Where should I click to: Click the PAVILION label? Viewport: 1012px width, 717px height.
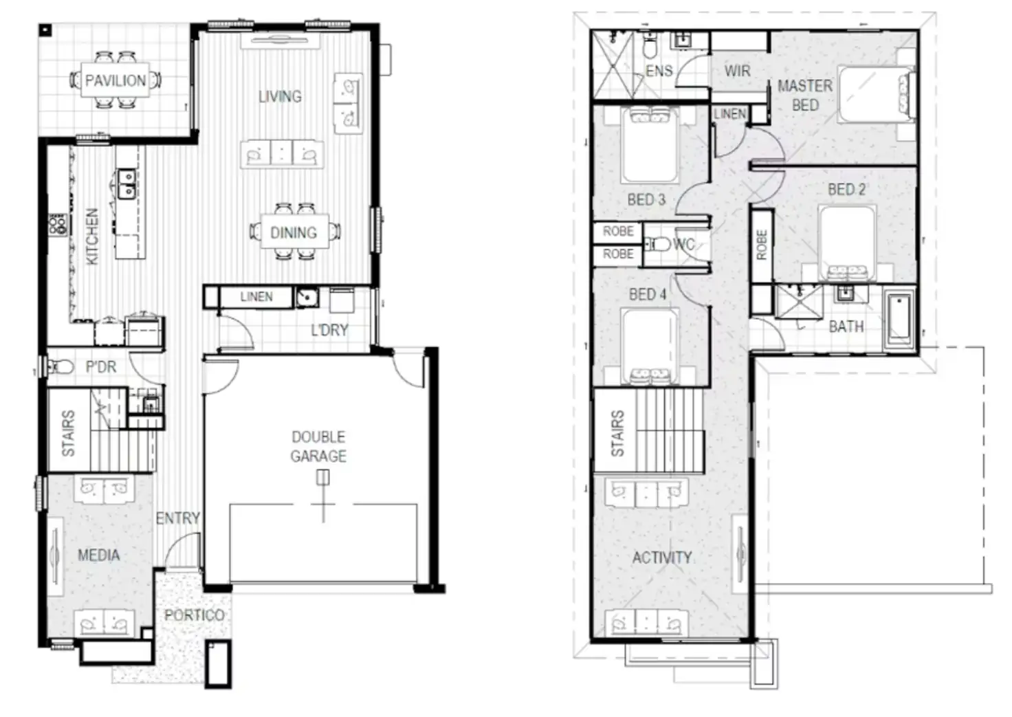pyautogui.click(x=115, y=80)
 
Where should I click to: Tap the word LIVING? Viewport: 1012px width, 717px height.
pyautogui.click(x=280, y=96)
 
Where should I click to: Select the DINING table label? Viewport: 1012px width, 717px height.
pyautogui.click(x=294, y=232)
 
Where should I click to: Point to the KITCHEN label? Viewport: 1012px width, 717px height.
pyautogui.click(x=92, y=236)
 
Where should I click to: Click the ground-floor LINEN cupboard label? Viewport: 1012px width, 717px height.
pyautogui.click(x=256, y=297)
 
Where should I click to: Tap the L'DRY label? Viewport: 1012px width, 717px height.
pyautogui.click(x=329, y=330)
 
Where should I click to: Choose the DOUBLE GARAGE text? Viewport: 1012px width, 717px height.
pyautogui.click(x=318, y=446)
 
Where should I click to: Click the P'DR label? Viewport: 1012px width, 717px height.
pyautogui.click(x=101, y=367)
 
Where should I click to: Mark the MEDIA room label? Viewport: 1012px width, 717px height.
pyautogui.click(x=98, y=555)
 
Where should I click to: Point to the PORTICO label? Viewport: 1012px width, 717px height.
pyautogui.click(x=194, y=615)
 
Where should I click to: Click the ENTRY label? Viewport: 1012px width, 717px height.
pyautogui.click(x=177, y=518)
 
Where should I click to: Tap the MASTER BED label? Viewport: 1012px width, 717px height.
pyautogui.click(x=805, y=96)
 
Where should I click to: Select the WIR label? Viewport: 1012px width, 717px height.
pyautogui.click(x=737, y=71)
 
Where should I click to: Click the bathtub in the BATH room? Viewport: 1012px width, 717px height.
pyautogui.click(x=899, y=319)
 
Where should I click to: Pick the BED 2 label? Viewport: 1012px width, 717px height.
pyautogui.click(x=846, y=189)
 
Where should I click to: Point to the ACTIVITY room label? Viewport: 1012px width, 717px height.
pyautogui.click(x=661, y=557)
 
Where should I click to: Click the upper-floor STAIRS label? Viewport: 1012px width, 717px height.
pyautogui.click(x=617, y=433)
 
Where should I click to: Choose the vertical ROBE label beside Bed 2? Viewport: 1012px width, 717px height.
pyautogui.click(x=761, y=245)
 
